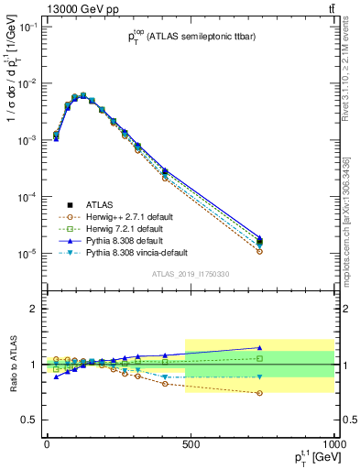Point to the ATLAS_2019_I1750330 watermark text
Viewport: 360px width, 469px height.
[190, 273]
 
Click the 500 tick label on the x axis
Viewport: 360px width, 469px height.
[191, 443]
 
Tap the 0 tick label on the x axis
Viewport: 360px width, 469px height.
[47, 443]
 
